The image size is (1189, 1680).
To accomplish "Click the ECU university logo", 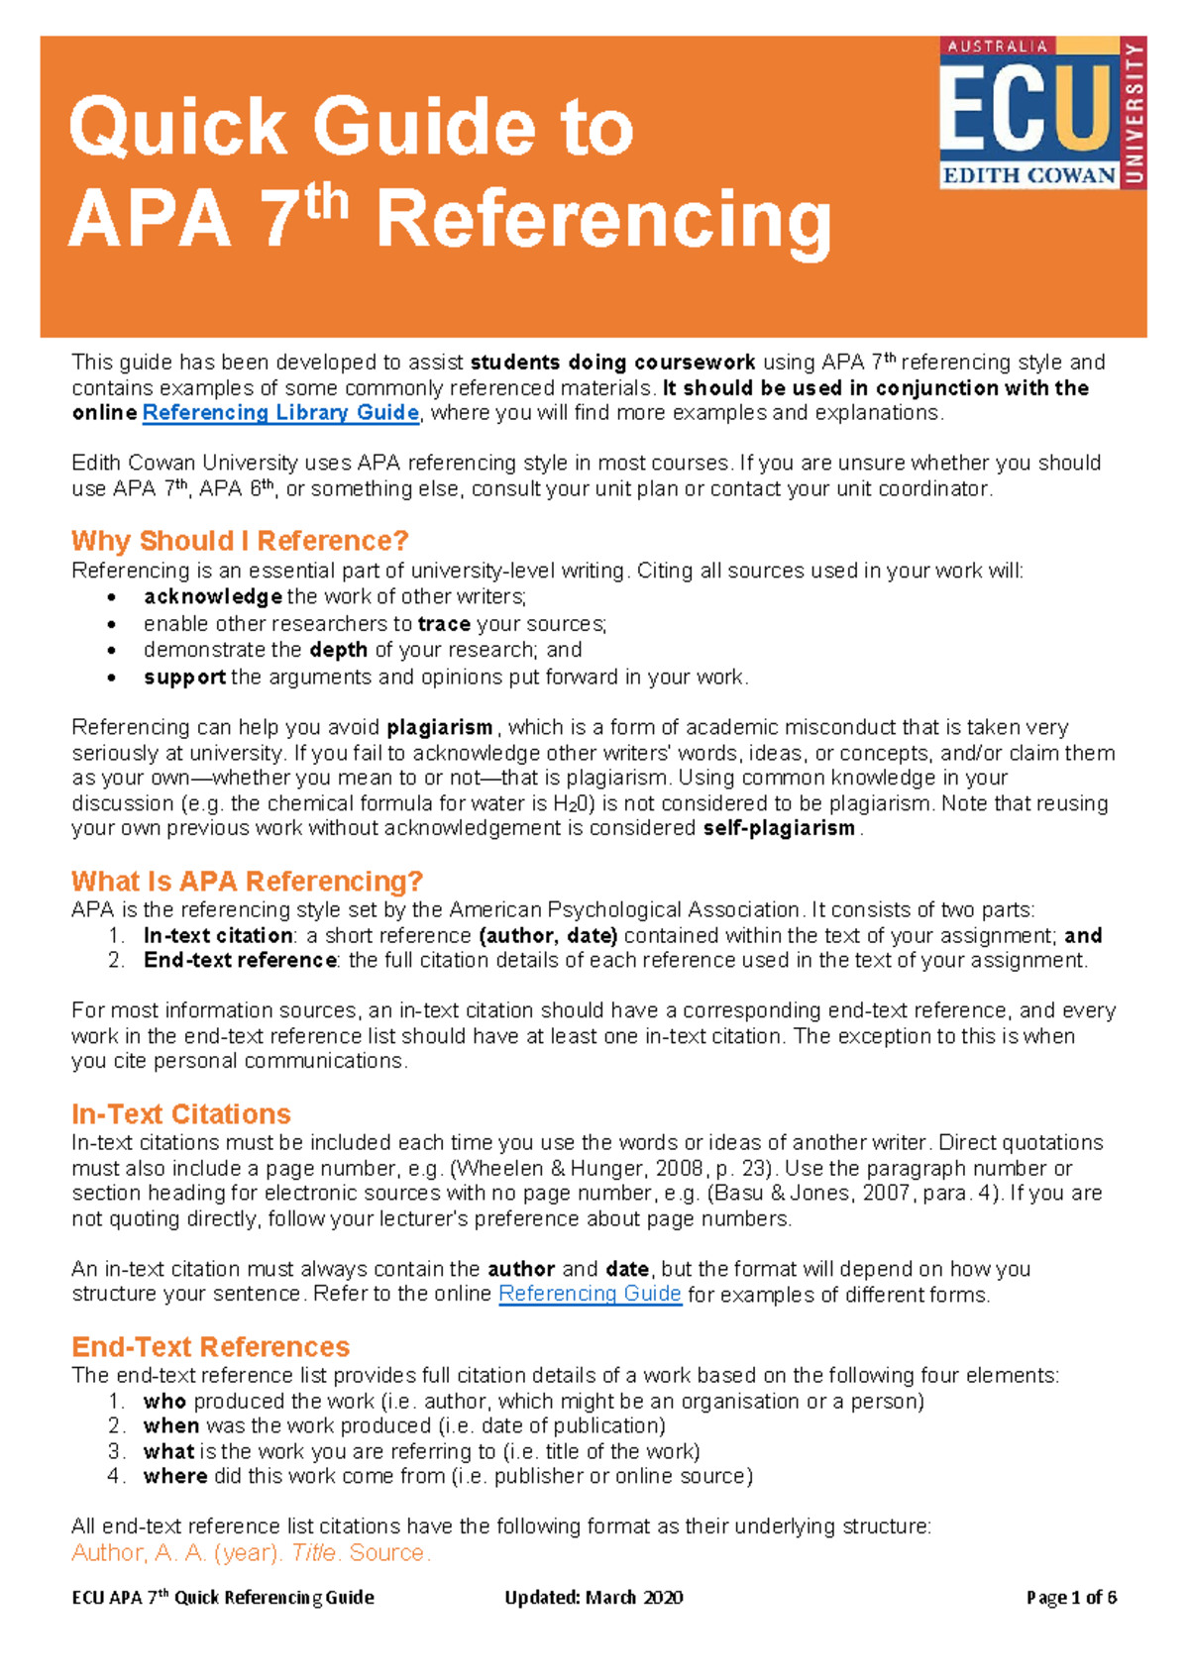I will (1041, 113).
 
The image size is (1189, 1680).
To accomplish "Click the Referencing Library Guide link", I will (280, 413).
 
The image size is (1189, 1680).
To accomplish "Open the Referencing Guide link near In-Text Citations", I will (590, 1294).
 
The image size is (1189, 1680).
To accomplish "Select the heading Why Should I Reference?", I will (240, 541).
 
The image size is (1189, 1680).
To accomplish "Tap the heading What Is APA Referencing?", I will (247, 881).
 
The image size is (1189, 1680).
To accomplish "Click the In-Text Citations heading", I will (181, 1113).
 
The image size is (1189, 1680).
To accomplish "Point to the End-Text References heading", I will (210, 1346).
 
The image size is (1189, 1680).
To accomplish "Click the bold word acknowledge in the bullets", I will (213, 596).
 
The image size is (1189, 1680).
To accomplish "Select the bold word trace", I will (444, 624).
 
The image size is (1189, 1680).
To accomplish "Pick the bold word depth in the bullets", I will (338, 650).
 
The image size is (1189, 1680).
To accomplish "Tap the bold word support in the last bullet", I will (184, 678).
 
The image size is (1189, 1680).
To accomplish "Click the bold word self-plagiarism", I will (779, 828).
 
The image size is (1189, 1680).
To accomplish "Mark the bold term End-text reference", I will (240, 960).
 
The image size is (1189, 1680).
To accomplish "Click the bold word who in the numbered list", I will (164, 1401).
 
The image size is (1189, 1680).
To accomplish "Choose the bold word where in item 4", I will (175, 1476).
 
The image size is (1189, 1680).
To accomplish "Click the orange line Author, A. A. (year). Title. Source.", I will (251, 1552).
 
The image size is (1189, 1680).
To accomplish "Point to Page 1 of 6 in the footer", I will (1071, 1597).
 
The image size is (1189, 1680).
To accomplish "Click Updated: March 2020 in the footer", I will (594, 1597).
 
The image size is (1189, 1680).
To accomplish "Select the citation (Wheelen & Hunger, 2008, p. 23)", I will (587, 1168).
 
